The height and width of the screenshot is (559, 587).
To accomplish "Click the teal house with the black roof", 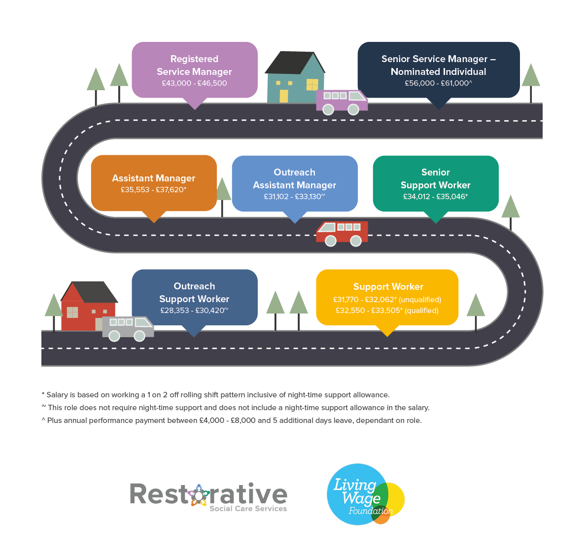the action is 295,77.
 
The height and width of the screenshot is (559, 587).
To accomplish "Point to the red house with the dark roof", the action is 88,306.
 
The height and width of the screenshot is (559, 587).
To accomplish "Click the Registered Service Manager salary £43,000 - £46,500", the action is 194,83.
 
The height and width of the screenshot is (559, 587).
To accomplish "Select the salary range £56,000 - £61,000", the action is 438,83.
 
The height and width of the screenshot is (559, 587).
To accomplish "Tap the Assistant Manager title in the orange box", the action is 153,178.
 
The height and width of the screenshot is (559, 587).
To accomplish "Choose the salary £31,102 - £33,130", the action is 294,197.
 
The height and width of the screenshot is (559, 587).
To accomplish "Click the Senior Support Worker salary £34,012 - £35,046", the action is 435,197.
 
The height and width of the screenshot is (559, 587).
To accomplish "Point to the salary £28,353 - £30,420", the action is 194,311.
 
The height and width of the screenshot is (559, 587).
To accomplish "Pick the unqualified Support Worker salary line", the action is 387,300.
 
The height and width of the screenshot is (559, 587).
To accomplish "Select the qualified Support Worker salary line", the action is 387,311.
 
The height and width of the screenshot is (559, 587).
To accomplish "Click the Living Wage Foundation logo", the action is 365,494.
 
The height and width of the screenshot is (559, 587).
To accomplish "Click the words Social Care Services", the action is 248,508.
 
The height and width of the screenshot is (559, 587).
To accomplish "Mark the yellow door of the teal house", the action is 284,96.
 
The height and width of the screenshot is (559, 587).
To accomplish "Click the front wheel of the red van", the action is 331,241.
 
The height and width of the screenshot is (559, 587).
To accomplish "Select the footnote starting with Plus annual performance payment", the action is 232,420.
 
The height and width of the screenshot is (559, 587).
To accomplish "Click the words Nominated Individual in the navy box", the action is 438,71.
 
